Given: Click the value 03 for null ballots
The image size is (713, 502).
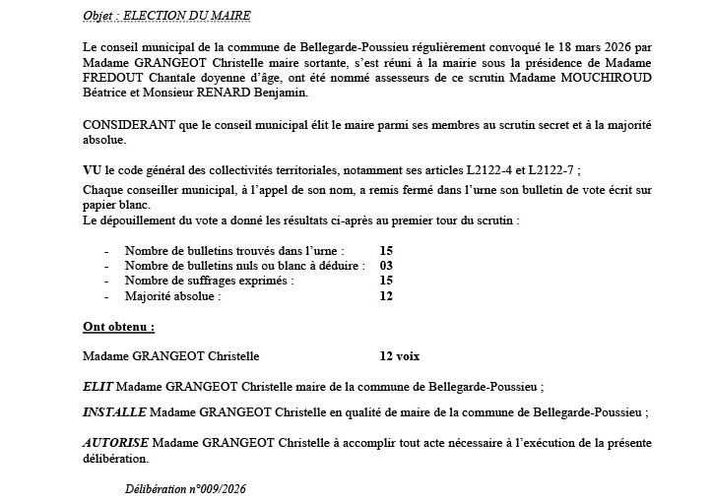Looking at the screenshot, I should click(386, 265).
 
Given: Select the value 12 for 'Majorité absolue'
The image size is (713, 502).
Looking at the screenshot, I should click(386, 294).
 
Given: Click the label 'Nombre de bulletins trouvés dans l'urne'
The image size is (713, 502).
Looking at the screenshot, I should click(237, 250).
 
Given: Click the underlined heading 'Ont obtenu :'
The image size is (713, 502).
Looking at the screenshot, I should click(119, 324).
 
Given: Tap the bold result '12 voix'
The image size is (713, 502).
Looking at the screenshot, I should click(406, 355).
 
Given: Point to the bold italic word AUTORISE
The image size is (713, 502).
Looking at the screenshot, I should click(116, 442).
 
